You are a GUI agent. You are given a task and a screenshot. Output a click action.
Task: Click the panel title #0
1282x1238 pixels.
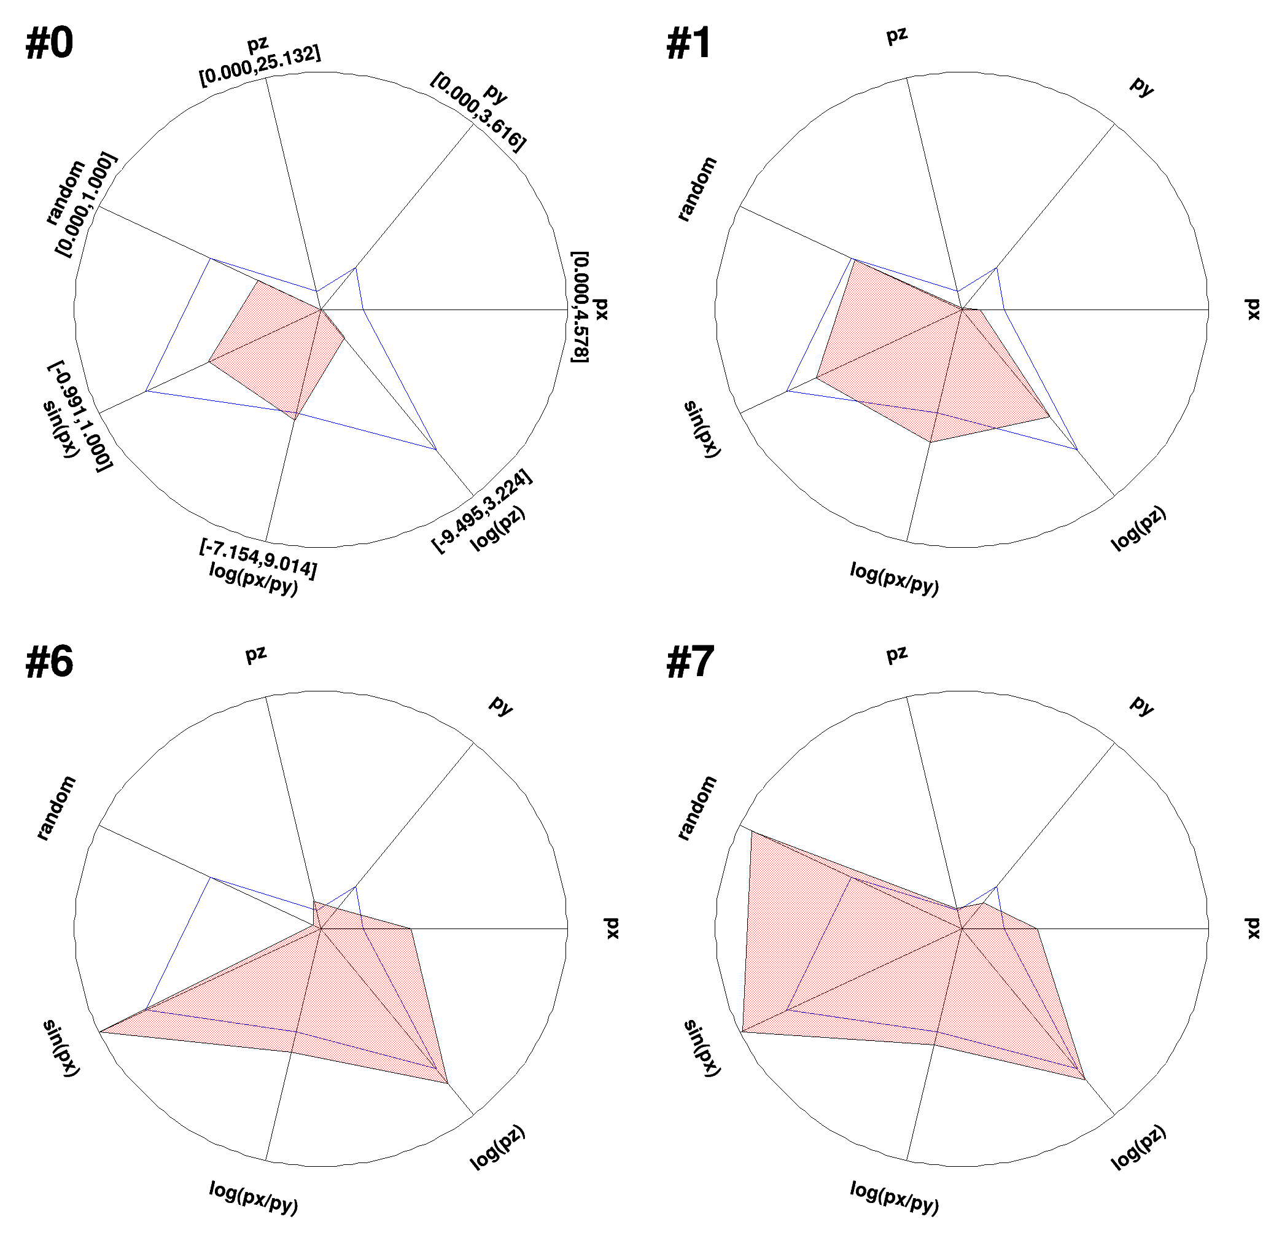coord(49,44)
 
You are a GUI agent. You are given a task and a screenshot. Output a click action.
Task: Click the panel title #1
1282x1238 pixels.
coord(688,44)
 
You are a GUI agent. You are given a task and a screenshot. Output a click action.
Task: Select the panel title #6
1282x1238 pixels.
coord(49,662)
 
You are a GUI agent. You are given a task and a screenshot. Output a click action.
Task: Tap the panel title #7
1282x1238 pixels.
coord(690,662)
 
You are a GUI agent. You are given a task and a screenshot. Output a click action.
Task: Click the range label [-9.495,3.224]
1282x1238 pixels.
coord(482,511)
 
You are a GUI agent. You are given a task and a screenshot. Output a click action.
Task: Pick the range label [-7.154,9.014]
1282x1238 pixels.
coord(258,559)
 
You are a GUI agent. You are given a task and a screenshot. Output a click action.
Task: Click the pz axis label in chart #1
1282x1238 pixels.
coord(897,34)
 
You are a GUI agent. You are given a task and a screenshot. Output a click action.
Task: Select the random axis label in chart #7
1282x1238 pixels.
coord(697,808)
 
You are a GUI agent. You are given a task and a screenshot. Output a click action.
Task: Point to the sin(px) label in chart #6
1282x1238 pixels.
coord(61,1048)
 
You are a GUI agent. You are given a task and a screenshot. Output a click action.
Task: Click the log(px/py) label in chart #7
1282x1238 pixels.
coord(894,1197)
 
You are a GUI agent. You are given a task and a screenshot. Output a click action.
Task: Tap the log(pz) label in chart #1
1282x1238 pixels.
coord(1139,528)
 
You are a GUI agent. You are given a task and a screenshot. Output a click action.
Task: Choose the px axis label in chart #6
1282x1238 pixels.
coord(612,929)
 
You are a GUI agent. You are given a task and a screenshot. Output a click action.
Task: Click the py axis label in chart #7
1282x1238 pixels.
coord(1142,706)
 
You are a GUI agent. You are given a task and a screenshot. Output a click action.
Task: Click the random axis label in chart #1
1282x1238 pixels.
coord(697,190)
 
